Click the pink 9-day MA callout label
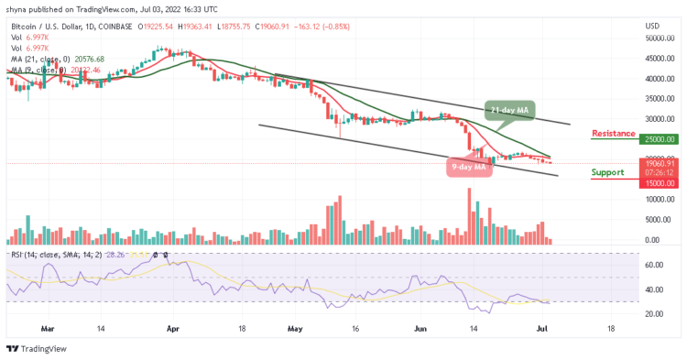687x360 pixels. [471, 167]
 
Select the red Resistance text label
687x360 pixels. [613, 134]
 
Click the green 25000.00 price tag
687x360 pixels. [660, 139]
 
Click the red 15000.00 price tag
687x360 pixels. [660, 183]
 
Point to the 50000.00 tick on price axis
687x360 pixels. [660, 38]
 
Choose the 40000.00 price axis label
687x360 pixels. [660, 79]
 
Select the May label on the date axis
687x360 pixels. [294, 326]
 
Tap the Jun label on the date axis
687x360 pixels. [421, 326]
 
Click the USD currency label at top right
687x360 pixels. [652, 25]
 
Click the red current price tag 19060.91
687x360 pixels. [660, 163]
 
